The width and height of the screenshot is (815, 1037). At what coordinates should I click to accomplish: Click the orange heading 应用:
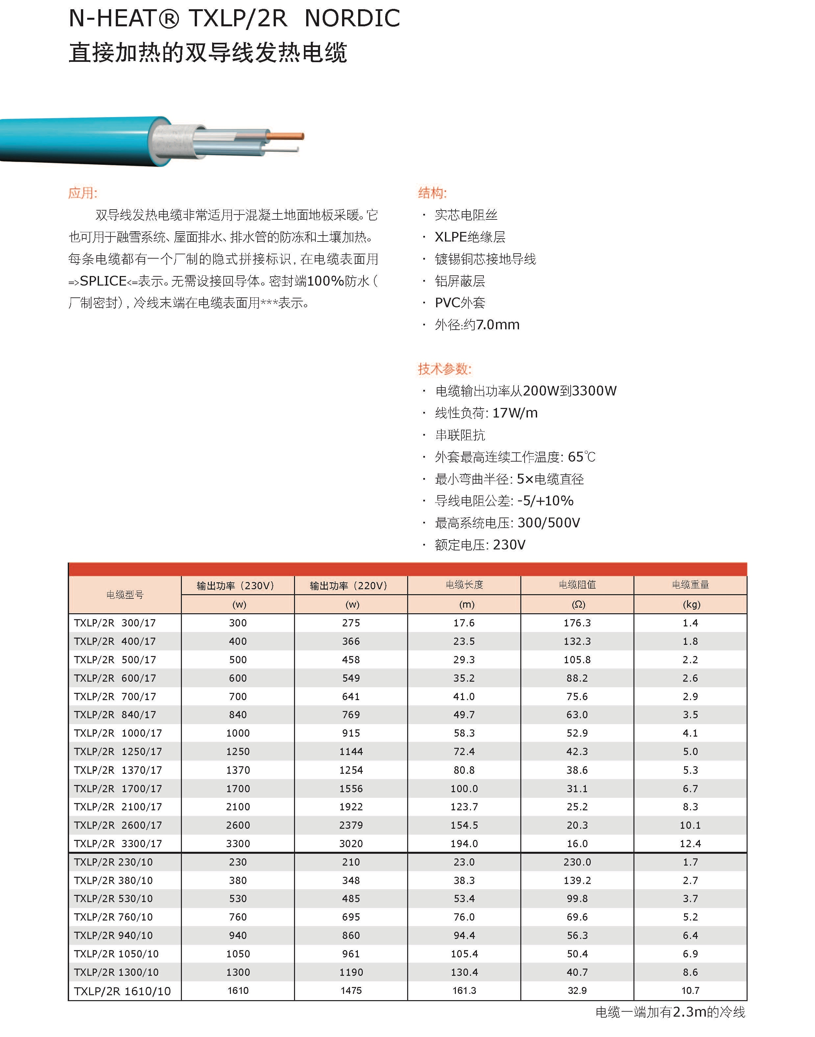[83, 193]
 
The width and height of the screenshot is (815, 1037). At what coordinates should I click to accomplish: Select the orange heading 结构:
[432, 193]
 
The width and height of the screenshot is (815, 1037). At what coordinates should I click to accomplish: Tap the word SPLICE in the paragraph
[103, 281]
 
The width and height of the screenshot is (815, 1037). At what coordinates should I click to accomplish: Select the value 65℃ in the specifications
[581, 457]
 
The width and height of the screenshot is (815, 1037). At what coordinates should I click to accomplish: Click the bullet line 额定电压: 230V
[480, 545]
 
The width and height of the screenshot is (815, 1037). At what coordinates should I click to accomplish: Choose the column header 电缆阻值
[577, 585]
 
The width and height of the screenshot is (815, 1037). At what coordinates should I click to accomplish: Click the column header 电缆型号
[125, 594]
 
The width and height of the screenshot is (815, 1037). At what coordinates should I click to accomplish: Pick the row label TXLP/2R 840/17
[115, 714]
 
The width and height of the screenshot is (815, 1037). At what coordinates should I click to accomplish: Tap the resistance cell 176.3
[577, 623]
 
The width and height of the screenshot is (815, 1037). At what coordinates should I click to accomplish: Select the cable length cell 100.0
[464, 788]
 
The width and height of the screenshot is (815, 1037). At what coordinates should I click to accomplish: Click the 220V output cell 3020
[351, 843]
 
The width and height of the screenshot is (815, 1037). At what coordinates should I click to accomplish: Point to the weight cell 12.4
[690, 843]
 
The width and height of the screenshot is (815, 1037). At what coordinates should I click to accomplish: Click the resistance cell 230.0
[577, 862]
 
